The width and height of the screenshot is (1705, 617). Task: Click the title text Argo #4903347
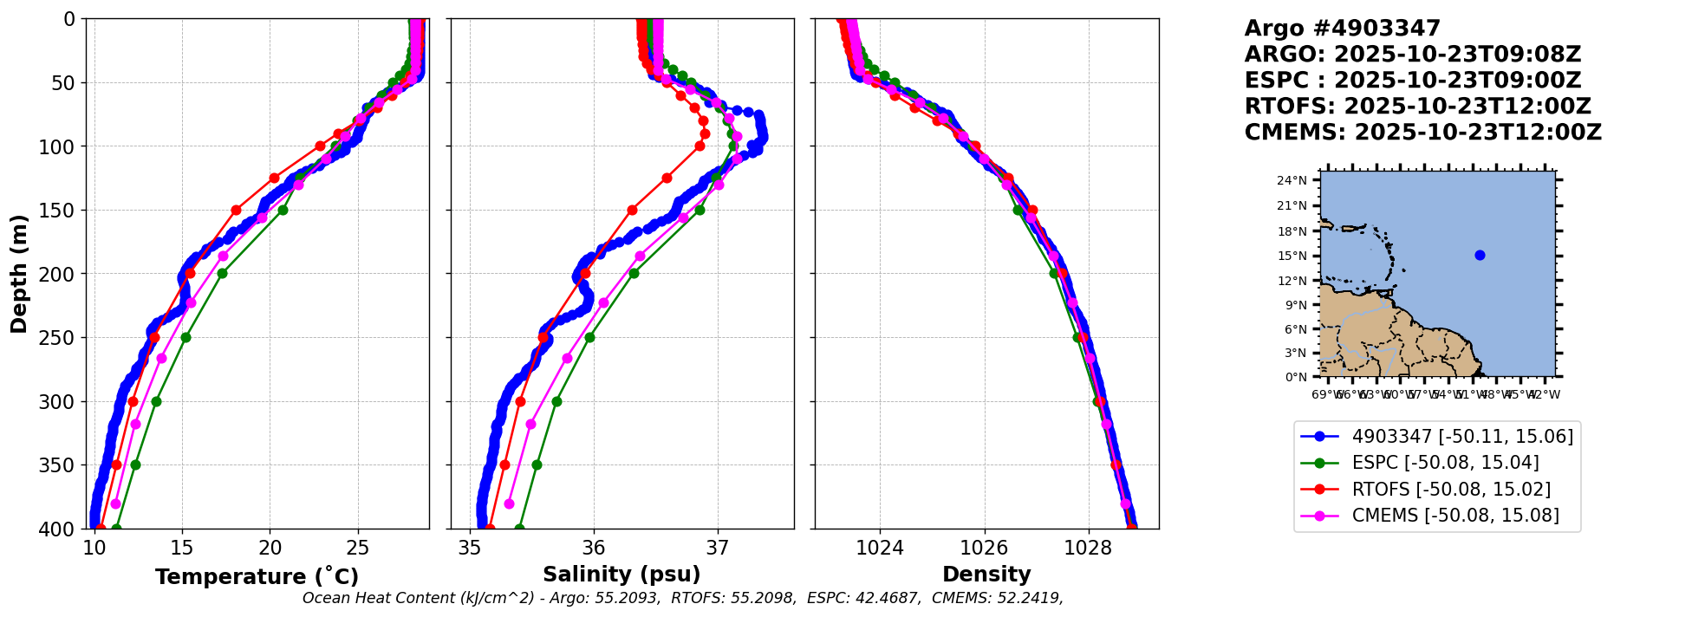[1342, 29]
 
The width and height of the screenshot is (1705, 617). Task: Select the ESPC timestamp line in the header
[1412, 81]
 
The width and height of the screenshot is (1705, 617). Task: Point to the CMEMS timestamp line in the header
[1422, 133]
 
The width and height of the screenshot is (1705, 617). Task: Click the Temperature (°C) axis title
[257, 577]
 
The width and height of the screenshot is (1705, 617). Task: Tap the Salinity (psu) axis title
[621, 575]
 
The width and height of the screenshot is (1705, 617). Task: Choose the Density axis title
[986, 575]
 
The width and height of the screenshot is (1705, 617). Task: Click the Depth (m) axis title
[18, 273]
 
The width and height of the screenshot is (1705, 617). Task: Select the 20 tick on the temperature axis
[270, 549]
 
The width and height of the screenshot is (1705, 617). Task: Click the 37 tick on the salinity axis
[718, 549]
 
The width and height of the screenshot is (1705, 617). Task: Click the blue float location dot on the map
[1480, 255]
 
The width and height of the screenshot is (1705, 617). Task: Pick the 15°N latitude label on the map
[1292, 257]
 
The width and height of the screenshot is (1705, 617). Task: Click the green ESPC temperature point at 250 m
[185, 337]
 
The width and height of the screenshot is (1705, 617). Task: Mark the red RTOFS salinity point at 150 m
[632, 210]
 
